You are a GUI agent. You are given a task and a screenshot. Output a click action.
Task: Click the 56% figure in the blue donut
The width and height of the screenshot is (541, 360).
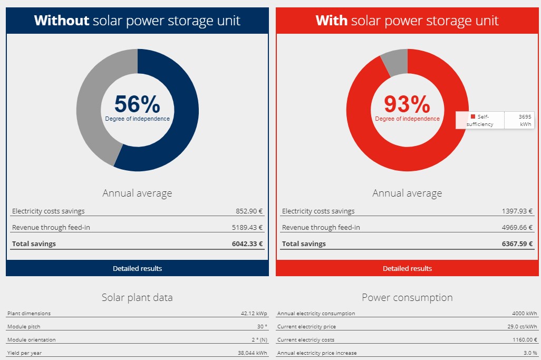tap(137, 104)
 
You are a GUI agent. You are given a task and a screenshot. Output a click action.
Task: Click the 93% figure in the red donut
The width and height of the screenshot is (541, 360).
tap(407, 104)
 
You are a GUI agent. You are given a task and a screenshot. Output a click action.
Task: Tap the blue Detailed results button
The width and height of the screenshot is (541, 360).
tap(137, 268)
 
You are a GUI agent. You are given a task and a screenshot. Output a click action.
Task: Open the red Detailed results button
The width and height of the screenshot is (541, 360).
tap(407, 268)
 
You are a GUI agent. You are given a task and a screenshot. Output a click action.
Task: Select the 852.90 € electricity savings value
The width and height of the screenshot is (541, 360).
tap(249, 211)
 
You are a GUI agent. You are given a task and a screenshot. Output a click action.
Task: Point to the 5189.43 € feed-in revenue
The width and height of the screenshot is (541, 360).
tap(247, 227)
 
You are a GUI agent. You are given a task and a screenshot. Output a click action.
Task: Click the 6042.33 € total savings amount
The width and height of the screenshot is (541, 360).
tap(247, 244)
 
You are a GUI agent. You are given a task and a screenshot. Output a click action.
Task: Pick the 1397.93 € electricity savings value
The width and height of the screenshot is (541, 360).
tap(517, 211)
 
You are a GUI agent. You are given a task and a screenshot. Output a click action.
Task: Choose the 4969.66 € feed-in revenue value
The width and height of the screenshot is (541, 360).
tap(517, 227)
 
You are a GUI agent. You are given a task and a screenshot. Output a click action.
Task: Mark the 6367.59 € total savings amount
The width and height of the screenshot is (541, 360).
tap(517, 244)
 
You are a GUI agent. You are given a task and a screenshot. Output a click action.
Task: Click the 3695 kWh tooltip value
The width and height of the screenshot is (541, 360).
tap(525, 120)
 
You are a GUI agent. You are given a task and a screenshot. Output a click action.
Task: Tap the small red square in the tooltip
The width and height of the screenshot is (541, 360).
tap(473, 116)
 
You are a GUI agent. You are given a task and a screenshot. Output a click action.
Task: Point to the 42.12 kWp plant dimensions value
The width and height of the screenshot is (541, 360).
tap(254, 313)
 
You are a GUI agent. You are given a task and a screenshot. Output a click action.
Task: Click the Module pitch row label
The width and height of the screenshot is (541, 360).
tap(24, 327)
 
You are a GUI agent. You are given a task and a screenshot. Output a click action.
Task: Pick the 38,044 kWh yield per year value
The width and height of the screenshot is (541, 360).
tap(253, 353)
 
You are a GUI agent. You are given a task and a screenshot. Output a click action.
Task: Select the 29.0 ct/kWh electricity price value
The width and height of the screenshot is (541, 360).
tap(522, 327)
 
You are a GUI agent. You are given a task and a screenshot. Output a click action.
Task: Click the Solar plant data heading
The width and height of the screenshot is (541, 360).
tap(137, 297)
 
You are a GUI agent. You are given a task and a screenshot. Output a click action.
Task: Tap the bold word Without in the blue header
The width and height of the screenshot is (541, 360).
tap(61, 21)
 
